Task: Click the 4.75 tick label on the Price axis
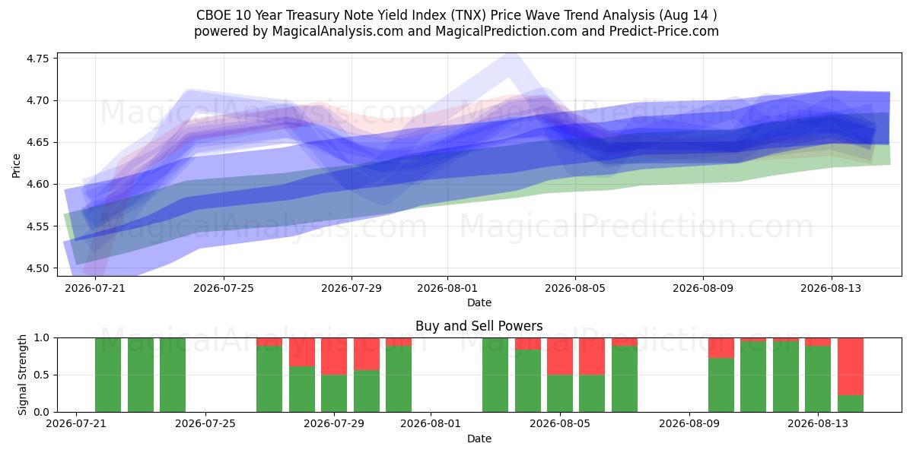click(37, 59)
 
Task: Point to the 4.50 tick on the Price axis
click(37, 268)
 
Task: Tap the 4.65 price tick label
click(37, 143)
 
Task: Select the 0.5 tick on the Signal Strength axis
click(42, 375)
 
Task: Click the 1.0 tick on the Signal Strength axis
click(42, 338)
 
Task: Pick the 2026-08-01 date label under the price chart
click(447, 288)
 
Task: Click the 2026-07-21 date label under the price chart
click(95, 288)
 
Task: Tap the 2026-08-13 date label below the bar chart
click(818, 423)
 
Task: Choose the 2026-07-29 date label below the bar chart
click(334, 423)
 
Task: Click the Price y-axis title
click(16, 166)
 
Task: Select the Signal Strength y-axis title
click(22, 375)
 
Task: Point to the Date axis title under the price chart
click(479, 302)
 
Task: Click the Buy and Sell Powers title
click(479, 326)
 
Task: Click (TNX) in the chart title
click(469, 15)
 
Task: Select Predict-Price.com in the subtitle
click(664, 31)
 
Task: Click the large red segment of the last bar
click(851, 366)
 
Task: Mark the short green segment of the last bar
click(851, 404)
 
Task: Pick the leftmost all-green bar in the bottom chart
click(108, 375)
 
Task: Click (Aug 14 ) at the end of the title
click(688, 15)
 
